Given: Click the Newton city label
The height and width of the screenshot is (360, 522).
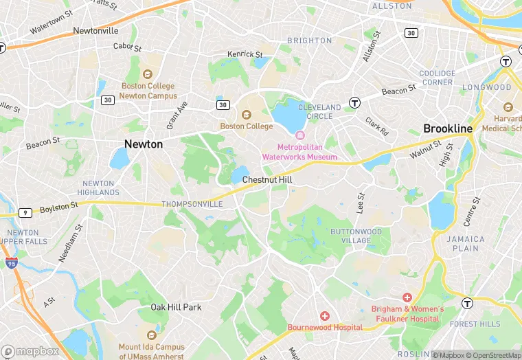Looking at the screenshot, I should pos(144,144).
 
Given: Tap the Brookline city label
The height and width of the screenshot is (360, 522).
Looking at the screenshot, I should pos(448,128).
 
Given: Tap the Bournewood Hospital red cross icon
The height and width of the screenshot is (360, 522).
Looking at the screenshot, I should pos(325,315).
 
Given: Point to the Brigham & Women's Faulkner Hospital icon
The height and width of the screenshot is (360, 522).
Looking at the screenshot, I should pos(407,297).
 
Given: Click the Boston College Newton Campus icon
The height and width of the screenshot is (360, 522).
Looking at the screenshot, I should pos(146,74).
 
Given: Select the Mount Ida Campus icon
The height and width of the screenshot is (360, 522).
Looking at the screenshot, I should pos(151,336).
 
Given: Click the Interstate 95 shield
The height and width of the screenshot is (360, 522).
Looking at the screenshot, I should pos(11,263).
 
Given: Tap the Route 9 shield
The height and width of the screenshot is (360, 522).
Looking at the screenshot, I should pos(25,213).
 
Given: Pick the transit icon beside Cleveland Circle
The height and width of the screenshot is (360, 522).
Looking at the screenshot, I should pos(354,103).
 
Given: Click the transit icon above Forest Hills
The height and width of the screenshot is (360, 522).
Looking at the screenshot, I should pos(467,303).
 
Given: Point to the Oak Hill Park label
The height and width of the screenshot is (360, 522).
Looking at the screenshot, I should pos(176,307).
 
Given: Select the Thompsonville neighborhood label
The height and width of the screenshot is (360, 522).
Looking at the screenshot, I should pos(192,204).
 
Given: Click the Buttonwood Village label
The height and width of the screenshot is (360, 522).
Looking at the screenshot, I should pos(356,236).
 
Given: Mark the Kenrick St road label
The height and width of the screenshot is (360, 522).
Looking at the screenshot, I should pos(245,54).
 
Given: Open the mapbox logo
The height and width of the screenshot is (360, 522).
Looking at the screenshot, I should pos(30,350).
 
